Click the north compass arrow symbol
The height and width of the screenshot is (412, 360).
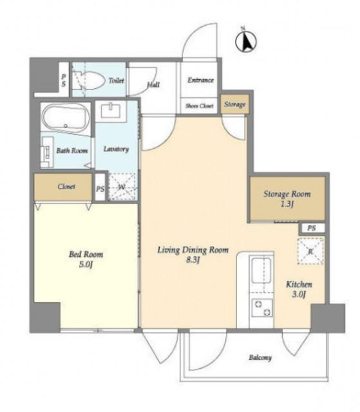(x=246, y=41)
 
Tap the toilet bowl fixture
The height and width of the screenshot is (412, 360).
(x=88, y=80)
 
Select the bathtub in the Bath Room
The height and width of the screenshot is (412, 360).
(x=66, y=117)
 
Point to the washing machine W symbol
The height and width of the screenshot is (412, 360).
(x=122, y=187)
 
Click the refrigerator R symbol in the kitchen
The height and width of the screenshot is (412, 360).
(x=310, y=251)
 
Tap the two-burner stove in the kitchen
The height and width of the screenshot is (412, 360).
(x=263, y=308)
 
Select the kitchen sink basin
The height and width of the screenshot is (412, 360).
(x=261, y=270)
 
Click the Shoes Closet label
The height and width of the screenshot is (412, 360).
(x=199, y=106)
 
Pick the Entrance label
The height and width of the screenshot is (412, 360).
(x=200, y=80)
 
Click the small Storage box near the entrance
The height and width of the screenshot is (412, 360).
(x=234, y=104)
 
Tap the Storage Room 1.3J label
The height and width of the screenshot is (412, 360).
(x=287, y=199)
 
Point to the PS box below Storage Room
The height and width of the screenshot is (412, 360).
(x=312, y=228)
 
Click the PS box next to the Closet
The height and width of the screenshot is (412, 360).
(x=100, y=187)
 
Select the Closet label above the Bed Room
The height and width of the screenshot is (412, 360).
(x=66, y=187)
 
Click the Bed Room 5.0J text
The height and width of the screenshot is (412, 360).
(x=86, y=259)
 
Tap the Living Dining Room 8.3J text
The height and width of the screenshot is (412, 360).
(x=193, y=255)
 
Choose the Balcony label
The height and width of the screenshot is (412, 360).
(x=260, y=358)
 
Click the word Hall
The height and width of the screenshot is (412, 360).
(x=153, y=84)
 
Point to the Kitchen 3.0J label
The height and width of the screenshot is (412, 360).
(x=299, y=289)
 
